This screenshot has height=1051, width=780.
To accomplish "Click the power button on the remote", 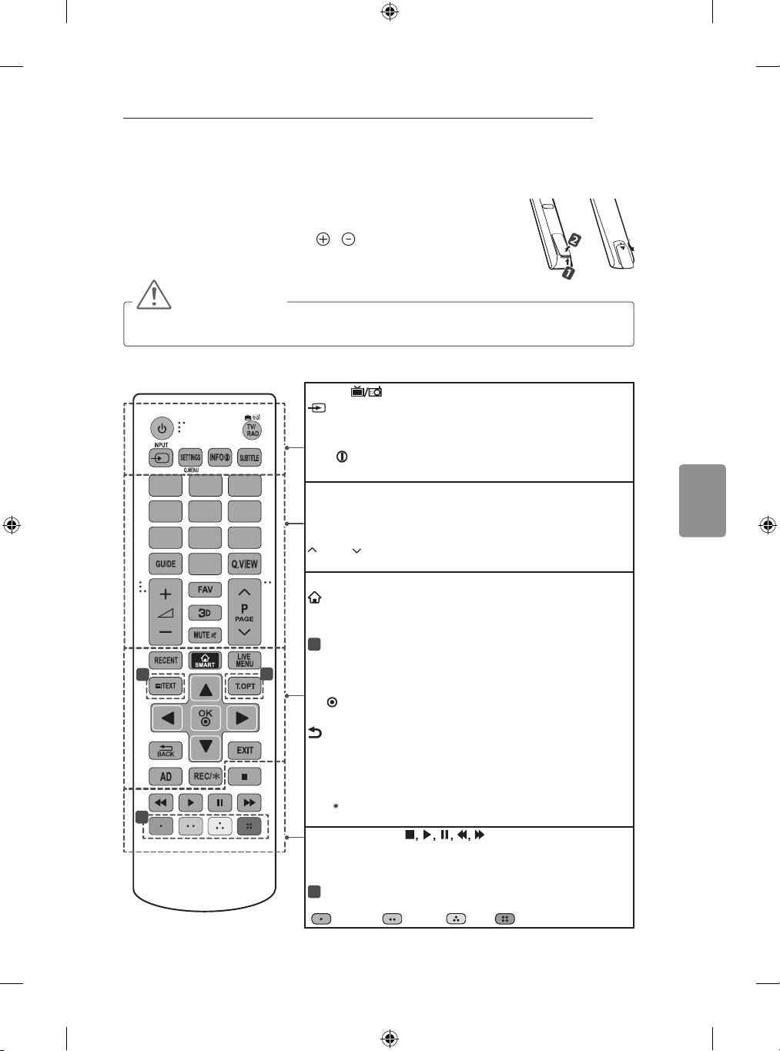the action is point(162,428).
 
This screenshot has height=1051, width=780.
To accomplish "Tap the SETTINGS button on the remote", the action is point(190,457).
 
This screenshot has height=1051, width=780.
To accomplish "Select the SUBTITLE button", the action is point(249,457).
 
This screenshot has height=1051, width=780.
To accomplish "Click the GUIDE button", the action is point(166,564).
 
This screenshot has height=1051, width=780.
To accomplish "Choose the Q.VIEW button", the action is point(245,564).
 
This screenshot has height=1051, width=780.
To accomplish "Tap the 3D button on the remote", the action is point(205,613).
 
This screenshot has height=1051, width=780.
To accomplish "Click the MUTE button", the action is point(205,635).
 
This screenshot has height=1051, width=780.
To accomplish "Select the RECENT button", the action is point(166,660).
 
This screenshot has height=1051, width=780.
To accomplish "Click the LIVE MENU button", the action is point(245,660).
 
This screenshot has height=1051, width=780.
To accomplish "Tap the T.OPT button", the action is point(245,686).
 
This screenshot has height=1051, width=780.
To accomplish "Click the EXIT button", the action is point(245,750).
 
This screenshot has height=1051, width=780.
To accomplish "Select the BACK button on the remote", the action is point(166,750).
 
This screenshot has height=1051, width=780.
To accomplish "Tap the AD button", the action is point(166,776).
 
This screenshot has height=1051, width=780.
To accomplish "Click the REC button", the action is point(206,776).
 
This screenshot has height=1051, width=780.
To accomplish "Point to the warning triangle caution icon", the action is point(153,296).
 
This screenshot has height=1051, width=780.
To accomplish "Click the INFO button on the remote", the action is point(219,457).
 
